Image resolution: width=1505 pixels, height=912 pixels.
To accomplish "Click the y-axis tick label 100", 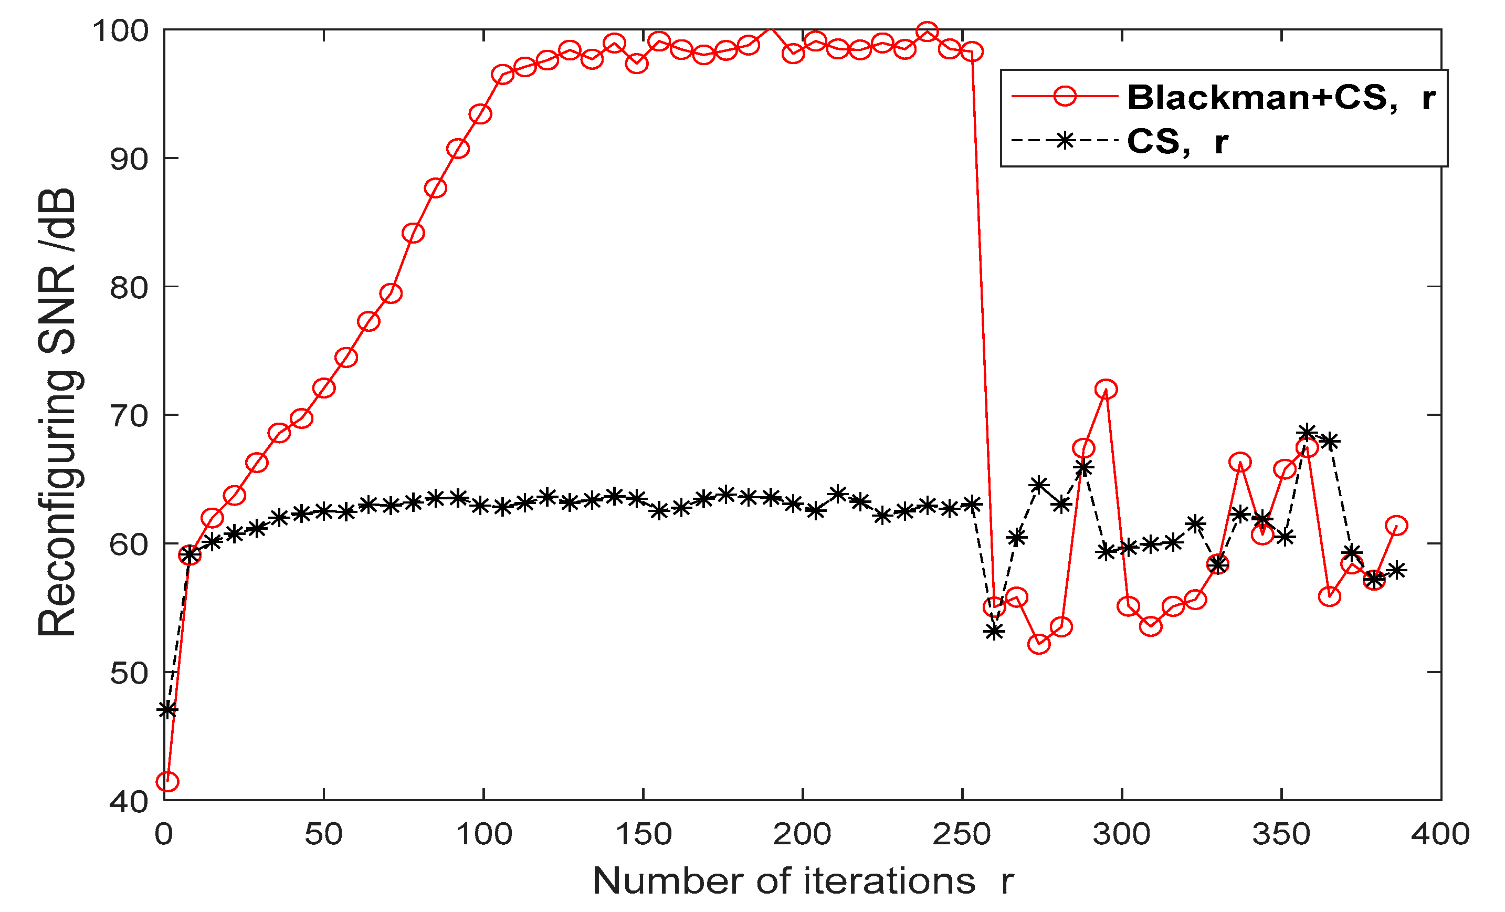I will click(120, 30).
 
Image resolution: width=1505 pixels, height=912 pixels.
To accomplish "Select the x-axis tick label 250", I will click(962, 834).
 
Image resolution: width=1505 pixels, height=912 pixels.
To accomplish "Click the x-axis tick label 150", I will click(643, 834).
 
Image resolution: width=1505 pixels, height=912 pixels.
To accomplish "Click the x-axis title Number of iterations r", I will click(803, 882).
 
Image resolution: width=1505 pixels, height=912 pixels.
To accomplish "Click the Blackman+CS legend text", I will click(1262, 97).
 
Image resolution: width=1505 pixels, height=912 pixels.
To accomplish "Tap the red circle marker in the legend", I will click(1065, 96).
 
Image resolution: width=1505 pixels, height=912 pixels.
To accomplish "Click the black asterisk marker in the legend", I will click(1065, 141).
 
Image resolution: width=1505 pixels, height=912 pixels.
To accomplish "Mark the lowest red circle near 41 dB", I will click(167, 781).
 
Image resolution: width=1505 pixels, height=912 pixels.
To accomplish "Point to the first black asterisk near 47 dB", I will click(167, 709).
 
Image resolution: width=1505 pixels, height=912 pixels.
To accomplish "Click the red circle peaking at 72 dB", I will click(1106, 389).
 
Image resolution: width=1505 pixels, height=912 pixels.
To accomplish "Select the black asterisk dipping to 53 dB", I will click(994, 632).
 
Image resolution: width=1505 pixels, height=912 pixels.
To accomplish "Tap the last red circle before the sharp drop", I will click(972, 52).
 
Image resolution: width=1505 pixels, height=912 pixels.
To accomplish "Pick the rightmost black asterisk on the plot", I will click(1397, 571).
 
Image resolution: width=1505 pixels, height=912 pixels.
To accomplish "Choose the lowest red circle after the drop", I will click(1039, 644).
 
